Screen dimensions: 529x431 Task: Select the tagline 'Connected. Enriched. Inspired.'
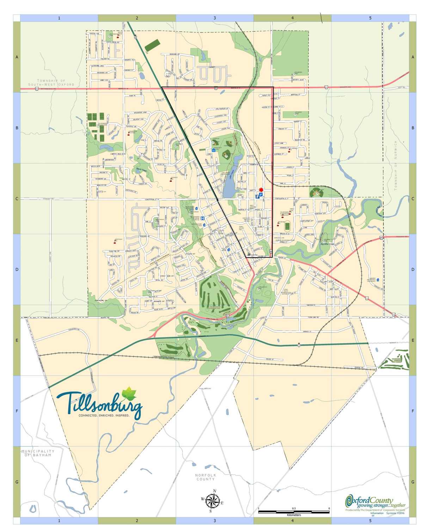[x=104, y=415]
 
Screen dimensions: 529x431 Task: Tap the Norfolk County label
[x=205, y=477]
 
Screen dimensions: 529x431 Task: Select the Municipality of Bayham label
[x=38, y=453]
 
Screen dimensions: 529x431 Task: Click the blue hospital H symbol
[x=203, y=218]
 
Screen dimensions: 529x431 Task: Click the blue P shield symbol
[x=261, y=194]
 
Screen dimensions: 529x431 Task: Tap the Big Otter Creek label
[x=327, y=243]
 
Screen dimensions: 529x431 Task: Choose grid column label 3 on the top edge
[x=215, y=18]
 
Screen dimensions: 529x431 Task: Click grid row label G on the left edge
[x=17, y=482]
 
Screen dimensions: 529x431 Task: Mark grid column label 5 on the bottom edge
[x=370, y=521]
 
